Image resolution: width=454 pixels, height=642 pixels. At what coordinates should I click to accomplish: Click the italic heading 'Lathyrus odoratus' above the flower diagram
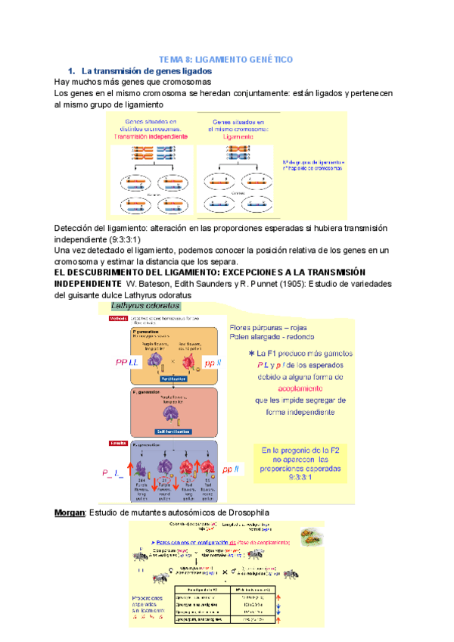146,306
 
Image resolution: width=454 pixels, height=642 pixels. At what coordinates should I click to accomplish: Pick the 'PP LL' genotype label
128,363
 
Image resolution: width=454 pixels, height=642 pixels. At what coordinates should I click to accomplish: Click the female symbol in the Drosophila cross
141,565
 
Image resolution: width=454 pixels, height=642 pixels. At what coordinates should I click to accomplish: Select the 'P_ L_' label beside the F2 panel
113,472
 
